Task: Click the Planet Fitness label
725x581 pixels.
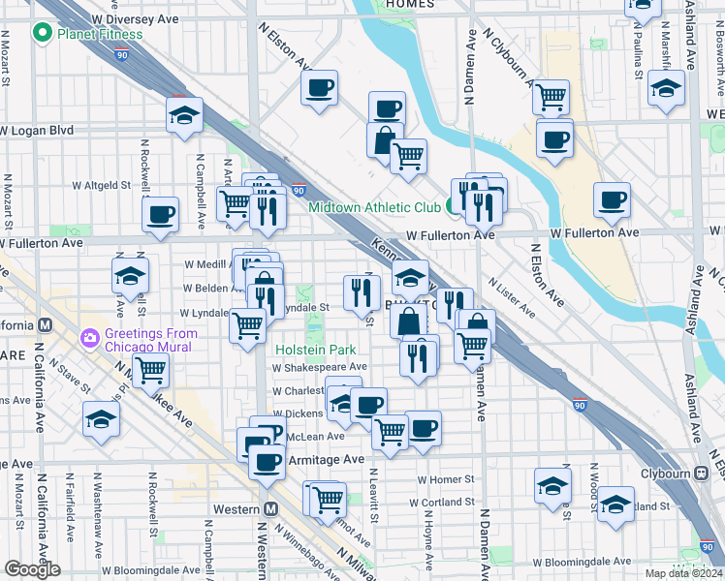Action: (x=100, y=35)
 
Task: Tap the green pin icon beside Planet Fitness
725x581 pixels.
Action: (x=42, y=35)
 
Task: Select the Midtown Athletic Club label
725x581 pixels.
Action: (x=374, y=207)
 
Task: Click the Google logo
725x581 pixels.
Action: (x=32, y=569)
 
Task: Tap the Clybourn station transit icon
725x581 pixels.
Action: (x=701, y=474)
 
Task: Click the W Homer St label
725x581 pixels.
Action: (x=447, y=479)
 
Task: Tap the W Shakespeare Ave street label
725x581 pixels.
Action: (x=320, y=368)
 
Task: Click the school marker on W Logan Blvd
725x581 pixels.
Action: (x=184, y=116)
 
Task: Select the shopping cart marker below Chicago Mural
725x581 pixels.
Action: (x=151, y=369)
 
